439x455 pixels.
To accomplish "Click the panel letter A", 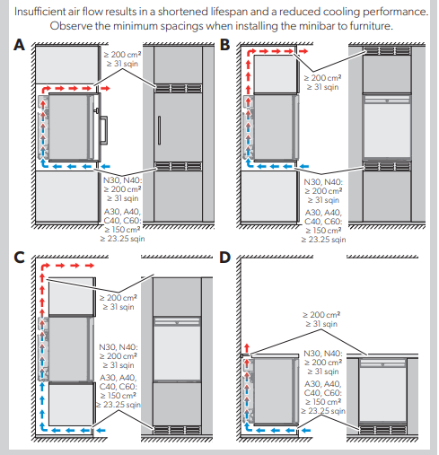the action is coord(20,45).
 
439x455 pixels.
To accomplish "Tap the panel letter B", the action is coord(224,45).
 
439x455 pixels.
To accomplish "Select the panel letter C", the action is coord(19,258).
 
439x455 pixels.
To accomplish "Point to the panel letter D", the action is coord(225,258).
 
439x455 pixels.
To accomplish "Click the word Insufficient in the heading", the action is coord(40,12).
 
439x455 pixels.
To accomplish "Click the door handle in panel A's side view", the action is coord(104,130).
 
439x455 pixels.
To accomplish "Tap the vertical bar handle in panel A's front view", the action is coord(159,130).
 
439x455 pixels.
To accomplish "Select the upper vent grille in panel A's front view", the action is coord(179,88).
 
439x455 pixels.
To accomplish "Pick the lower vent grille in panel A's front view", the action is coord(179,166).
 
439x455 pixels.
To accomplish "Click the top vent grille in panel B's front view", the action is coord(387,50).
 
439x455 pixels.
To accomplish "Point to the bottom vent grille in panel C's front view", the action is coord(177,430).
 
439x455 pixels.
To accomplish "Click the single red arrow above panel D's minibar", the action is coord(247,348).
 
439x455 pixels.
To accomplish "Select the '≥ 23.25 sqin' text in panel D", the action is coord(323,411).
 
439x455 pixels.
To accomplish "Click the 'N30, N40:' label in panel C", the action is coord(119,347).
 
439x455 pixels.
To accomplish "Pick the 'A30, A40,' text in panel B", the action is coord(323,213).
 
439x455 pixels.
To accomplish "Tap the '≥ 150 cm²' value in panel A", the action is coord(122,230).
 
